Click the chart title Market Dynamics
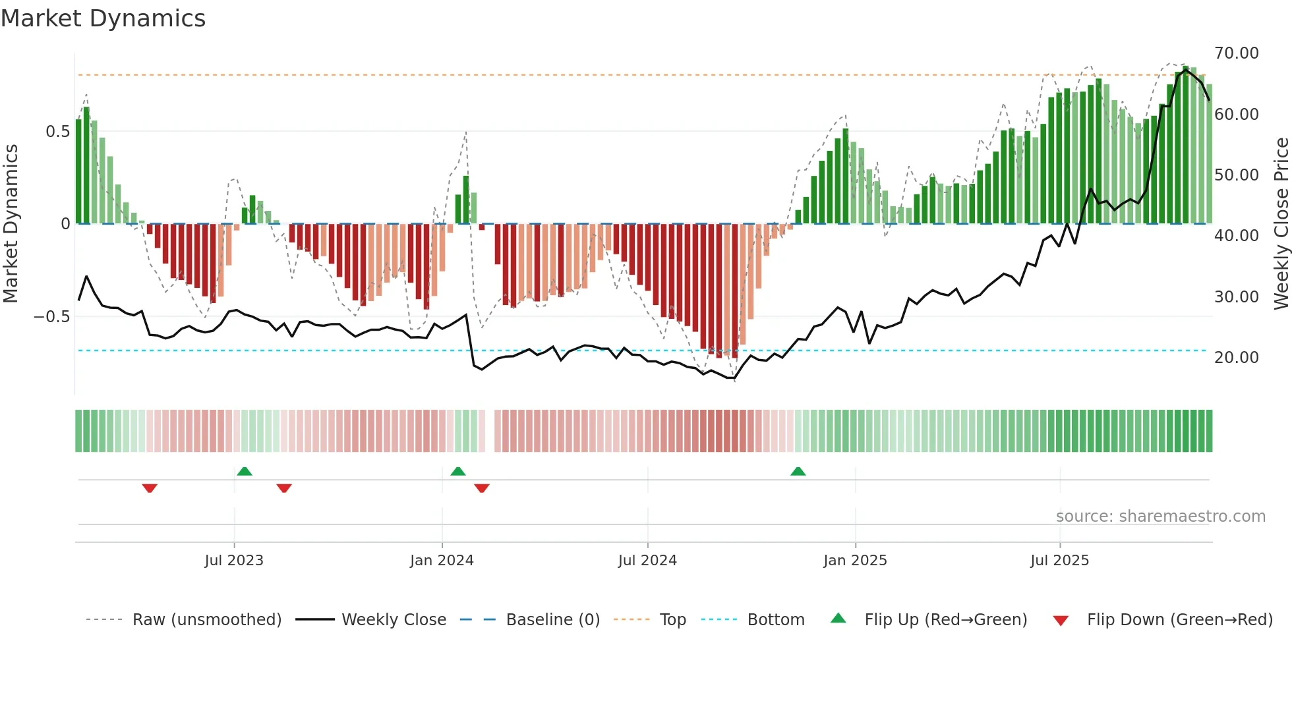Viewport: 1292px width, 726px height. [103, 18]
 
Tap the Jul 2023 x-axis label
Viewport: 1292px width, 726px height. [233, 561]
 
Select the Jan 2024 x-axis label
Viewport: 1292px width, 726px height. [442, 561]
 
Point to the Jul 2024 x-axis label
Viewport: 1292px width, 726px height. [647, 561]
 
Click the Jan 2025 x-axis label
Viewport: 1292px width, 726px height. [855, 561]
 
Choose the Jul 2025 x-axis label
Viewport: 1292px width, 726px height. [1059, 561]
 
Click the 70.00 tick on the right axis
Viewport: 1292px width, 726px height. [1236, 53]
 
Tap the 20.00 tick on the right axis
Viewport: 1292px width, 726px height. [1236, 358]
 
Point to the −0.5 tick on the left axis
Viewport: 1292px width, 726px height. [51, 317]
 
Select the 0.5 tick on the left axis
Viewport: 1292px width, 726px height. [57, 132]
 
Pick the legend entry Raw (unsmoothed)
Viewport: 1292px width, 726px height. [206, 620]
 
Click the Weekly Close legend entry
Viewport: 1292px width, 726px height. [394, 620]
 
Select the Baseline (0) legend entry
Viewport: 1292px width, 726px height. [552, 620]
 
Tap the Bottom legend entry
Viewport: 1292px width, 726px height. [775, 620]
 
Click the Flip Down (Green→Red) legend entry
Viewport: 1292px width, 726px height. [1179, 620]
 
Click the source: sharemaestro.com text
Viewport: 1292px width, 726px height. [1160, 517]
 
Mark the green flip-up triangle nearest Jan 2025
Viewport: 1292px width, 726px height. [798, 472]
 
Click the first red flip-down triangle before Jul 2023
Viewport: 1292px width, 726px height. [150, 488]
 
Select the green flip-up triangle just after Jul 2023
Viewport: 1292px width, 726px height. [245, 472]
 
